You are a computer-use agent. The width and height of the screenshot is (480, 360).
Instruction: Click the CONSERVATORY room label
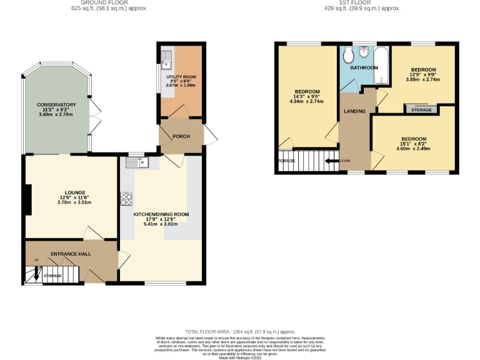[x=56, y=104]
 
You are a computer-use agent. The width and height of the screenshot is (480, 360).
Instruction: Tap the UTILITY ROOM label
[x=181, y=76]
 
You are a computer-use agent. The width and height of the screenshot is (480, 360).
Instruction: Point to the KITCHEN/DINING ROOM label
[x=161, y=214]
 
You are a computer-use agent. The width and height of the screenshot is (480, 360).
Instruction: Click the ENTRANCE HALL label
[x=71, y=253]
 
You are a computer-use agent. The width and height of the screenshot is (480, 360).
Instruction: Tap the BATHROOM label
[x=363, y=67]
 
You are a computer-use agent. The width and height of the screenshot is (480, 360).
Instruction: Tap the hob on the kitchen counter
[x=126, y=199]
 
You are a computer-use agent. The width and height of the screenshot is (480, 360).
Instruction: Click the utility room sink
[x=166, y=60]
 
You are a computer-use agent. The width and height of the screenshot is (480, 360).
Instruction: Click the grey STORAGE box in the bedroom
[x=421, y=110]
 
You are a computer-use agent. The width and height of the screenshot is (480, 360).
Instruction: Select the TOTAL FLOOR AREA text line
[x=240, y=331]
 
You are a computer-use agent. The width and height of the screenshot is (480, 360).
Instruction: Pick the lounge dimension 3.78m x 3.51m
[x=74, y=202]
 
